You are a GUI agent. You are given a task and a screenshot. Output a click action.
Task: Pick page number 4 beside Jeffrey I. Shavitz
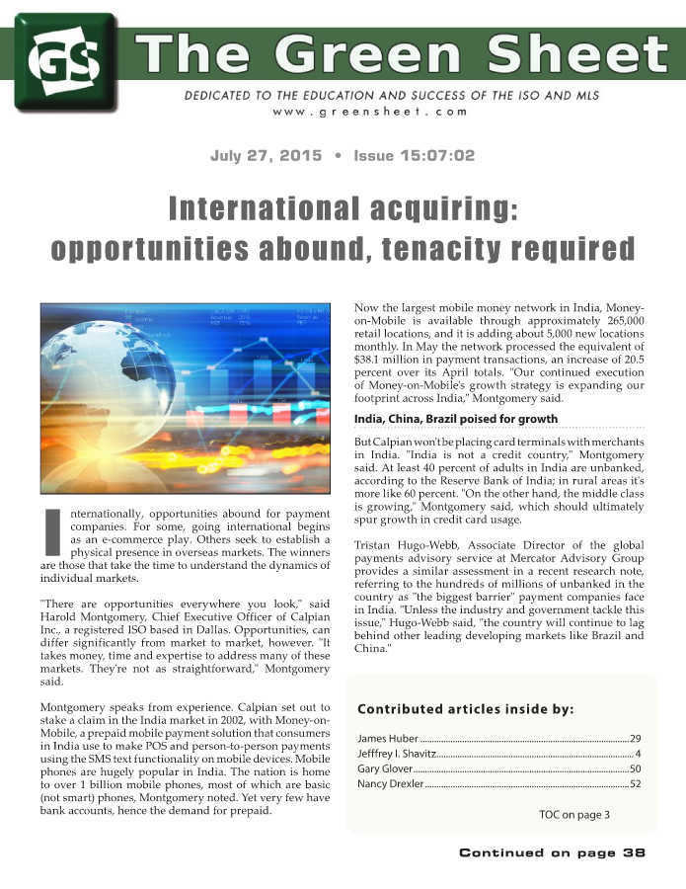639,754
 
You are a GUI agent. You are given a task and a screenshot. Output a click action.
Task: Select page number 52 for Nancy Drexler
636,783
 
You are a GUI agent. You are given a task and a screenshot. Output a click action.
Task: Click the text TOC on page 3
574,814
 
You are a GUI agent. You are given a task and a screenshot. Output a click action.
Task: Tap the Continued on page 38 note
552,852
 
